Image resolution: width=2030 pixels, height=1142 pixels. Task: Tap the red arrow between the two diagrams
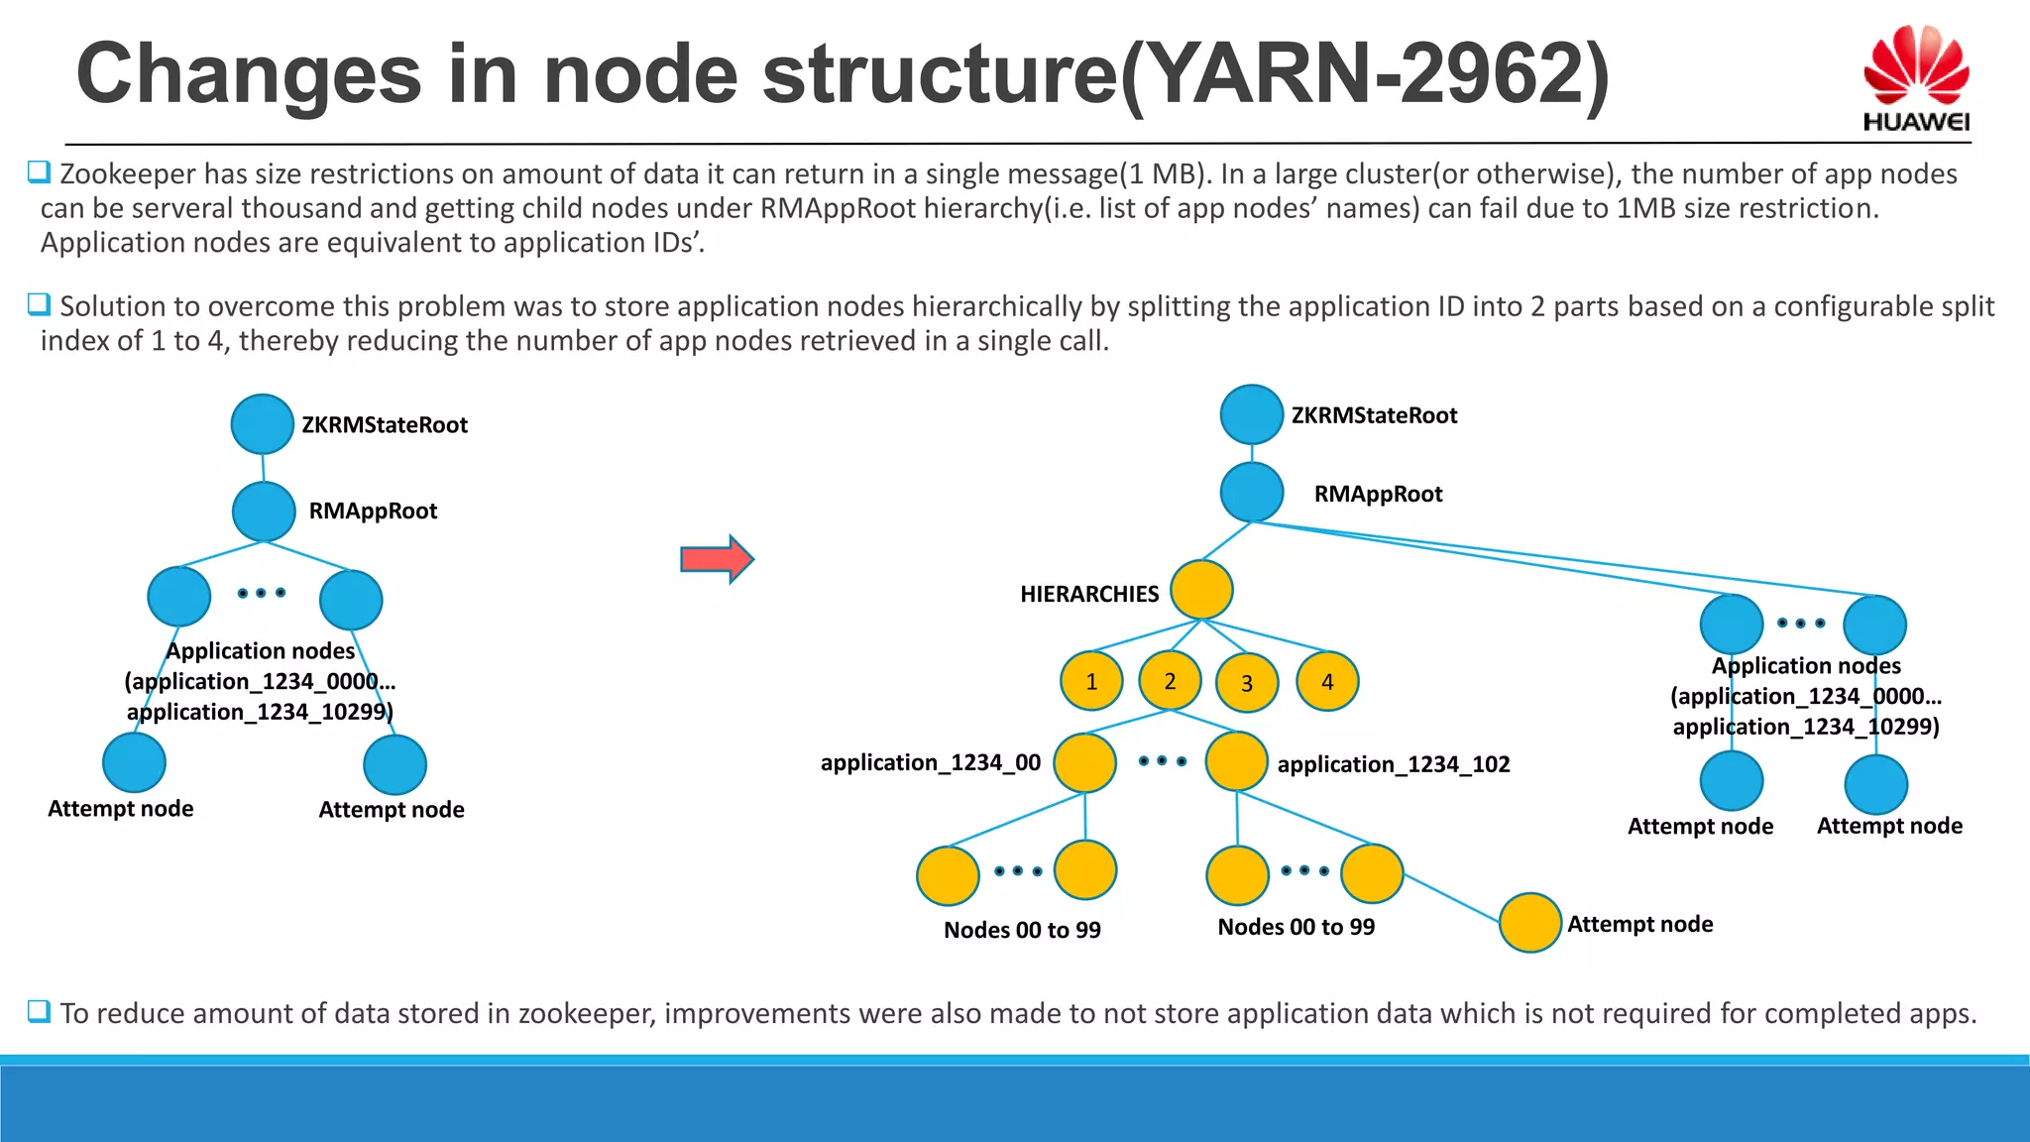click(x=717, y=559)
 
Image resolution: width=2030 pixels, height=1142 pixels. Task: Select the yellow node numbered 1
click(x=1090, y=681)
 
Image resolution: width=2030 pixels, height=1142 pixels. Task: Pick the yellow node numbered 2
click(x=1170, y=680)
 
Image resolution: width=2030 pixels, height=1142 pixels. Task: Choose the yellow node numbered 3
click(x=1246, y=682)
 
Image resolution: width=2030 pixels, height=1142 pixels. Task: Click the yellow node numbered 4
click(x=1327, y=681)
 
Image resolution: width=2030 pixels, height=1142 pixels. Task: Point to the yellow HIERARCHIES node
click(x=1201, y=590)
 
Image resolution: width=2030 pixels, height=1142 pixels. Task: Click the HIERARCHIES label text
click(x=1088, y=594)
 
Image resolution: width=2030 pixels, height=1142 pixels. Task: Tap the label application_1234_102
click(x=1393, y=764)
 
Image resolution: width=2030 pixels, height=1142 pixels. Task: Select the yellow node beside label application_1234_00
click(x=1084, y=762)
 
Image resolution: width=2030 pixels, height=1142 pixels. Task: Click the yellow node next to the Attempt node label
click(x=1530, y=922)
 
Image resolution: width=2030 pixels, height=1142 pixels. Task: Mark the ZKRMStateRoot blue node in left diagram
click(x=262, y=423)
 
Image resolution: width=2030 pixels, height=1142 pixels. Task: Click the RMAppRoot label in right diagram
click(x=1378, y=494)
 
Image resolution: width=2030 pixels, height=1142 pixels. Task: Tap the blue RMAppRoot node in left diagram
click(x=264, y=512)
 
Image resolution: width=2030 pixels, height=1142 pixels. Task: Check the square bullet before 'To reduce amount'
click(x=39, y=1011)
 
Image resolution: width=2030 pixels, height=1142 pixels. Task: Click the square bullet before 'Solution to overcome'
click(x=39, y=304)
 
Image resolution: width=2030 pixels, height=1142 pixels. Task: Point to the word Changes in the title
click(x=249, y=74)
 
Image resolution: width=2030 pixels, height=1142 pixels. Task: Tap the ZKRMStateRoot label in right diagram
click(x=1374, y=415)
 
